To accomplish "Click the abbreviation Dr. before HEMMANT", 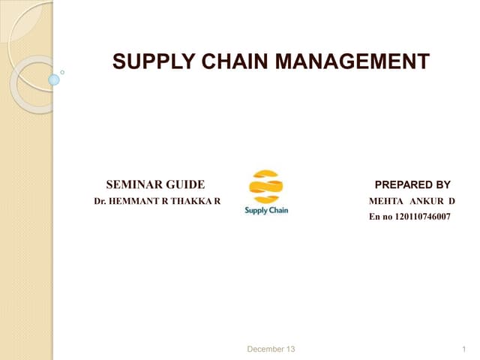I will tap(99, 202).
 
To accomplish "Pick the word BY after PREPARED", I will tap(442, 184).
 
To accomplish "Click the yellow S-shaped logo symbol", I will tap(266, 187).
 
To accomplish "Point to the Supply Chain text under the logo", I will tap(266, 211).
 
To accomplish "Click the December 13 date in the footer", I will tap(271, 349).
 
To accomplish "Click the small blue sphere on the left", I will tap(53, 79).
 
